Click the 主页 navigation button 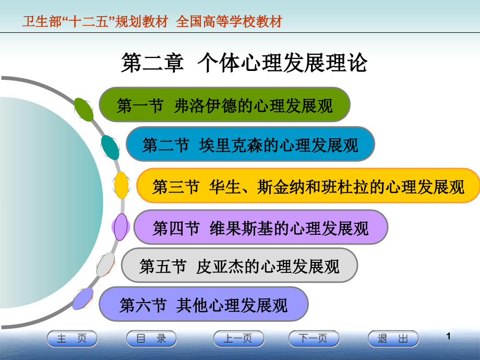click(72, 339)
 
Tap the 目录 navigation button click(151, 339)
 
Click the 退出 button click(393, 339)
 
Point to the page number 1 click(448, 337)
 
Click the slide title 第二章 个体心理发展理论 click(244, 63)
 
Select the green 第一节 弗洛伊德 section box click(224, 105)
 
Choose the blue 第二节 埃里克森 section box click(250, 144)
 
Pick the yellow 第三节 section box click(308, 186)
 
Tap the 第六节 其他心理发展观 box click(203, 304)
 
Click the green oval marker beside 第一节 click(83, 109)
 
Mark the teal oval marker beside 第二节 click(110, 147)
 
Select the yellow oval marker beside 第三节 click(122, 185)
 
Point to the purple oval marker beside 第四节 click(121, 227)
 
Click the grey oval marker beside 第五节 click(106, 265)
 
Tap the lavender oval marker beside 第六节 click(83, 299)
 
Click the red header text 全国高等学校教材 click(229, 21)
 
